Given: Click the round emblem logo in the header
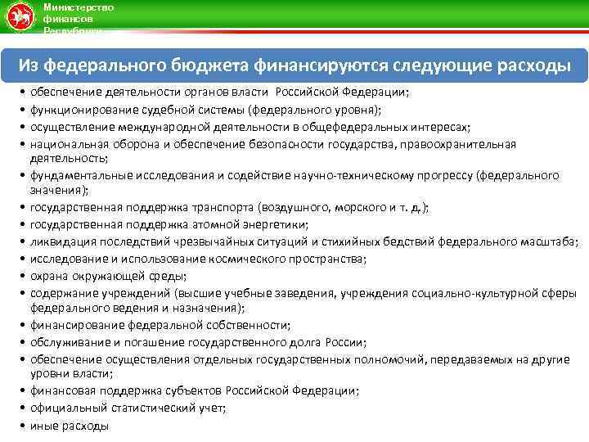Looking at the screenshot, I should (x=19, y=16).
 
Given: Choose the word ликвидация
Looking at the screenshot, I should (x=62, y=241).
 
